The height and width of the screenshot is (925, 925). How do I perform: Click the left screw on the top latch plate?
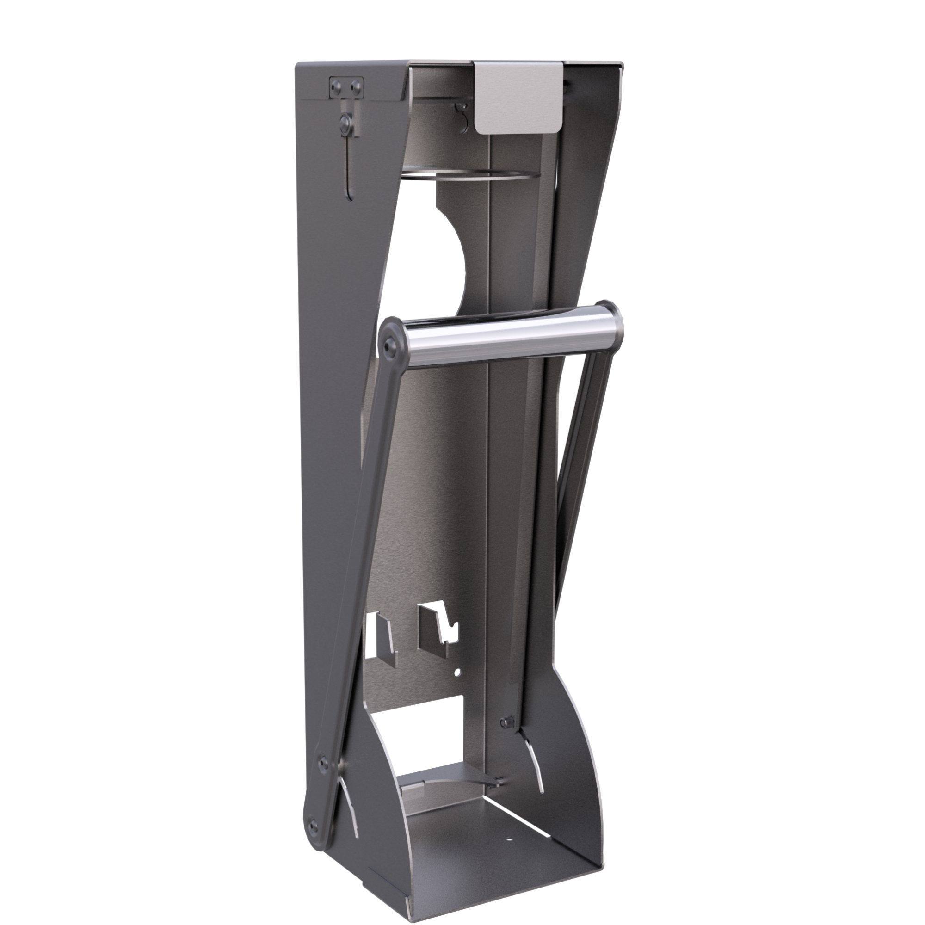(337, 86)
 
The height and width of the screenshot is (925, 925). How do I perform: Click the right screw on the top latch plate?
(355, 86)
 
